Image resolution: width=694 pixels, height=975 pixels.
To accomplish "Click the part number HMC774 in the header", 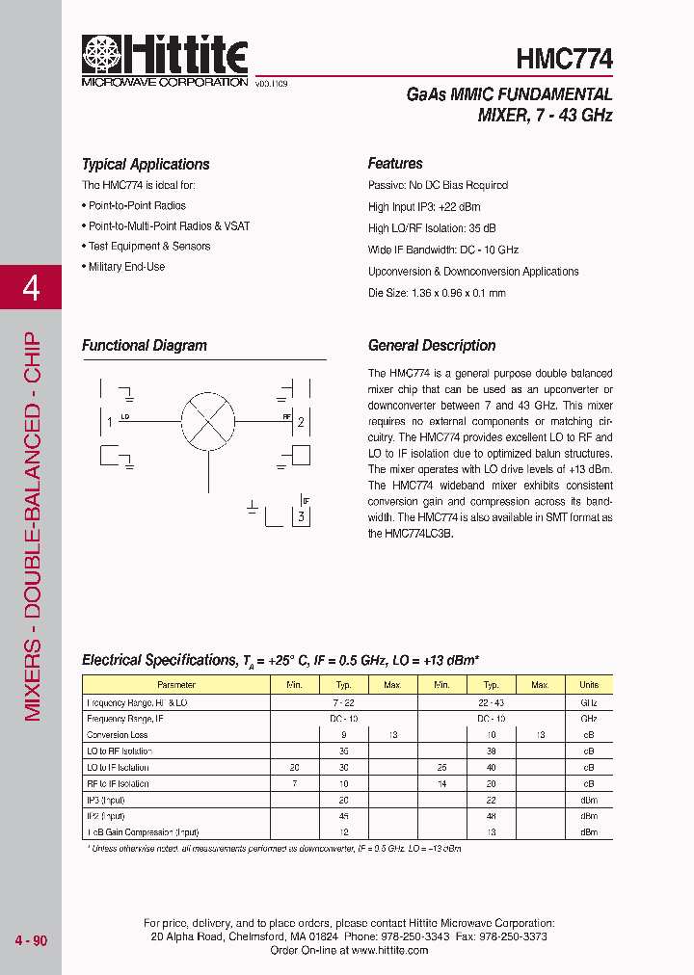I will point(564,59).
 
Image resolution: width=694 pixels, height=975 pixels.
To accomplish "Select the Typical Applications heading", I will point(146,165).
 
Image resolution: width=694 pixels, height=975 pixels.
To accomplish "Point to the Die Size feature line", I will point(437,293).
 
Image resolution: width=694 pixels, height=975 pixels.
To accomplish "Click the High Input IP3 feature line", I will point(424,207).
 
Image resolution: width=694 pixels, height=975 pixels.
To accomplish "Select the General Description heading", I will point(432,346).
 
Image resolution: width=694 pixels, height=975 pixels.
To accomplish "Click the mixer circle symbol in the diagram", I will point(208,421).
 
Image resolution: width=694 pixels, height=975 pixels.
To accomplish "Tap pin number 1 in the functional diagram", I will point(111,422).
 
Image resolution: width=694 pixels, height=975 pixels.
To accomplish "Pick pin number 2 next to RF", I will point(301,422).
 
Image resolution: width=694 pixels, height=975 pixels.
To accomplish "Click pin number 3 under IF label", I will point(302,517).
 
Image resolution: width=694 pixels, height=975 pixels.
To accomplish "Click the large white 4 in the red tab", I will point(31,287).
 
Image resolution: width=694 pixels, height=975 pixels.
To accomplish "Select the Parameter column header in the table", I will point(175,685).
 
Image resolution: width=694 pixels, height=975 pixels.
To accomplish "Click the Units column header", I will point(589,685).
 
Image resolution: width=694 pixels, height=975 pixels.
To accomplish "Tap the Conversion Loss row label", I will point(119,734).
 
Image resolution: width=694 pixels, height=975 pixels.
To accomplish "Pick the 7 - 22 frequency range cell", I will point(344,702).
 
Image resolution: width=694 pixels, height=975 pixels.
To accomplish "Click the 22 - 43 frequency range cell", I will point(491,702).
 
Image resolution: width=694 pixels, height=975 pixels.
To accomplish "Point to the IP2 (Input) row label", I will point(107,815).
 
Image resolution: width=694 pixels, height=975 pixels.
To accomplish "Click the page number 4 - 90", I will point(31,940).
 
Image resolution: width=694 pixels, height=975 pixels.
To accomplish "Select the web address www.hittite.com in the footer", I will point(389,950).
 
